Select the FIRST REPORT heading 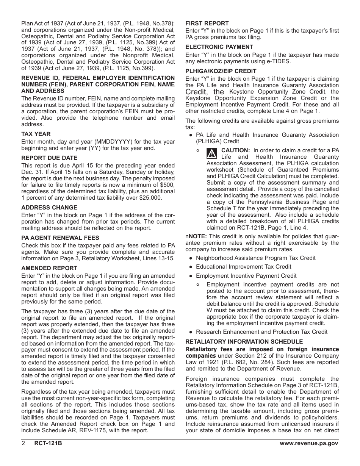coord(207,23)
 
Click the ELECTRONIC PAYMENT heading coord(219,47)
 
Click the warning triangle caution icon coord(212,153)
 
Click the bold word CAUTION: coord(235,150)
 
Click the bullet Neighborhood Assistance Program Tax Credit coord(255,258)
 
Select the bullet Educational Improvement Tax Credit coord(243,267)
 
